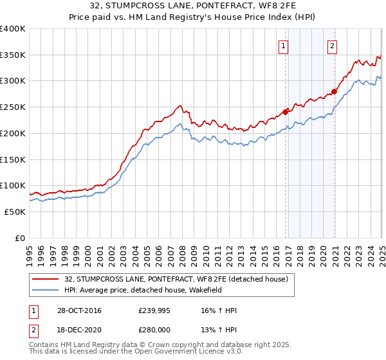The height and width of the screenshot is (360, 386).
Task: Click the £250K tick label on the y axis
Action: tap(13, 107)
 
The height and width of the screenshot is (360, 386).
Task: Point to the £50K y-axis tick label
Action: tap(15, 212)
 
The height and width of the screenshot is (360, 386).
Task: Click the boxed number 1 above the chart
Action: tap(284, 46)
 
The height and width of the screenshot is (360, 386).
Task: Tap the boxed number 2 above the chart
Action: tap(332, 46)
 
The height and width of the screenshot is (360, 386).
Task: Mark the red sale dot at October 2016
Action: tap(286, 113)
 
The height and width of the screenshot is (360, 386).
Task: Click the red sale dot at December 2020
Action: tap(335, 92)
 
